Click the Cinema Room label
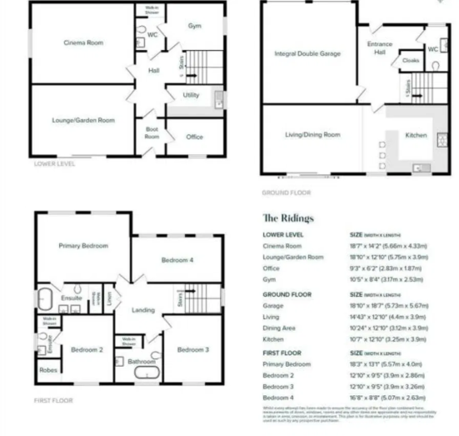(x=82, y=42)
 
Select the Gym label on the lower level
(x=194, y=27)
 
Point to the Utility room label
(x=191, y=95)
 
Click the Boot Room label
(x=152, y=133)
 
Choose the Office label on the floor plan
(x=194, y=137)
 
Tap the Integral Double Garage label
(x=307, y=54)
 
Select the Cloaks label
(x=410, y=61)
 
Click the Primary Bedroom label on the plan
(x=82, y=246)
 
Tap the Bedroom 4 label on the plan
(x=177, y=261)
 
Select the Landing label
(x=143, y=310)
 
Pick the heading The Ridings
(x=288, y=218)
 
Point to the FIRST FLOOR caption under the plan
(x=54, y=401)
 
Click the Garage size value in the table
(x=391, y=306)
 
